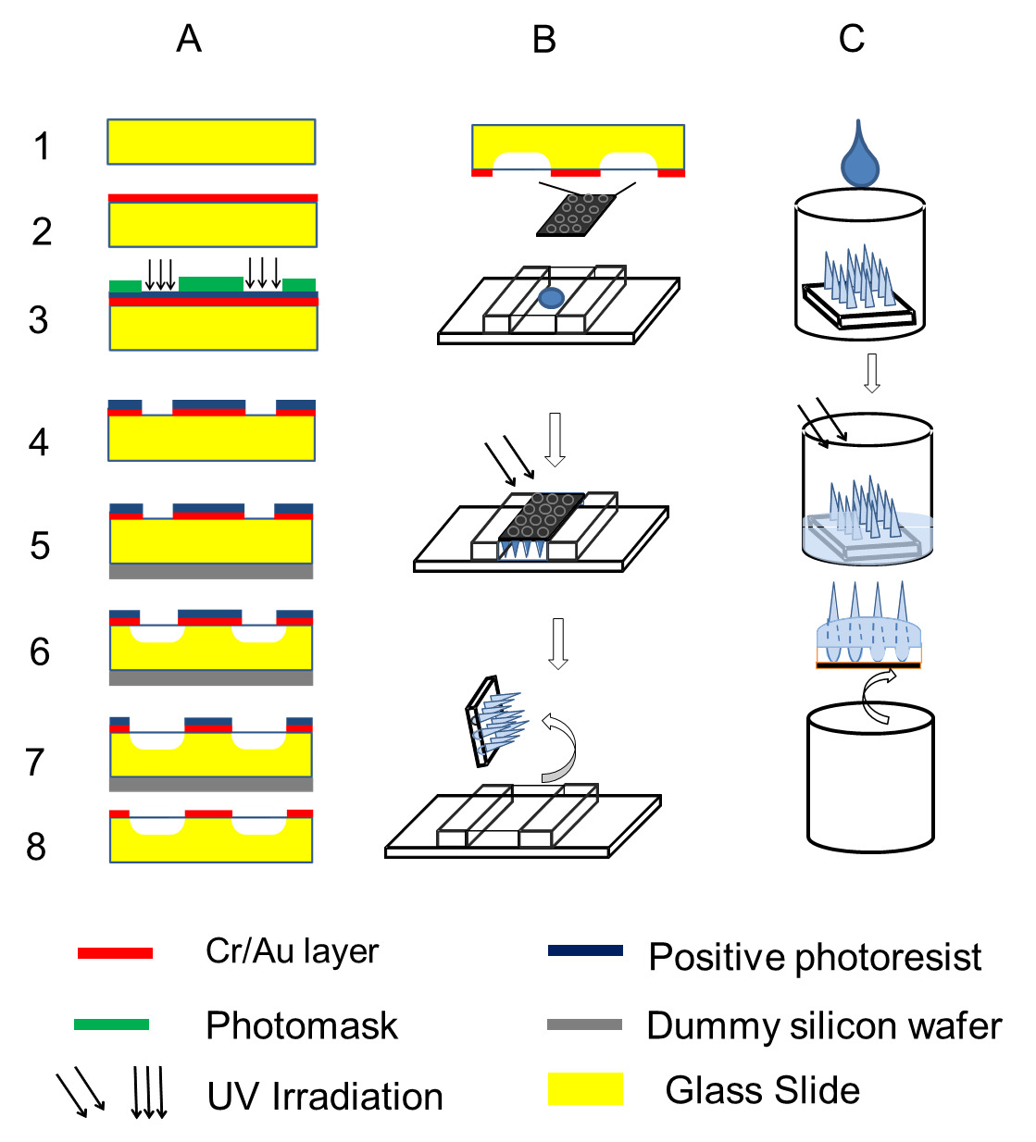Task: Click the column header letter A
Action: tap(189, 39)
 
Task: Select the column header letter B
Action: tap(543, 40)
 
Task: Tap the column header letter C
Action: tap(852, 39)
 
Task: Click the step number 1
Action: tap(43, 145)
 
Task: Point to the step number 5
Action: tap(40, 545)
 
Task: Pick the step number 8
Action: tap(36, 846)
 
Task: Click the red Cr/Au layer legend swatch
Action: tap(115, 953)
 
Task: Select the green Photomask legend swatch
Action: tap(112, 1024)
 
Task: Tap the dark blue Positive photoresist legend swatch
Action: tap(585, 950)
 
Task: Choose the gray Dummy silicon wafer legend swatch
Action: tap(584, 1024)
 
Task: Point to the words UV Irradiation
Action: tap(325, 1097)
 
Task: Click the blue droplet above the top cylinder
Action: tap(859, 153)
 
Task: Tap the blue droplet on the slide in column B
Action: tap(551, 298)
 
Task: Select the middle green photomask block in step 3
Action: tap(211, 284)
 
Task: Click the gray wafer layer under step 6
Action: tap(211, 677)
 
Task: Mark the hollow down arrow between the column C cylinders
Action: tap(872, 373)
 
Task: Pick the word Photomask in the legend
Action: tap(302, 1026)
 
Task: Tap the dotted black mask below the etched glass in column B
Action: tap(576, 216)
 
